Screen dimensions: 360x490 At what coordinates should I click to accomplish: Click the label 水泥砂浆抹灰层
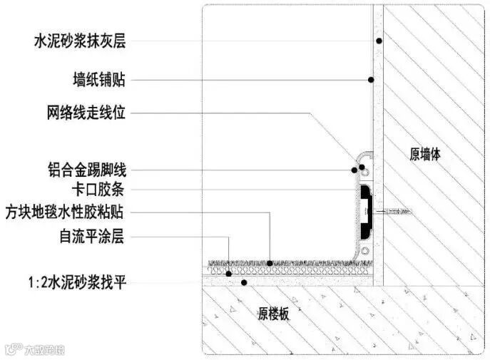(x=79, y=41)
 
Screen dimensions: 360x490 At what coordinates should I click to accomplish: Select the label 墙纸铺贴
(x=99, y=78)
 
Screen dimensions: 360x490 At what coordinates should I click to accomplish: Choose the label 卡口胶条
(x=99, y=190)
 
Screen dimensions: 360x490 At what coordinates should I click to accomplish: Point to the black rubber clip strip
(x=365, y=212)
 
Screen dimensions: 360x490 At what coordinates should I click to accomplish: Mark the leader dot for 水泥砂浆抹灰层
(x=378, y=41)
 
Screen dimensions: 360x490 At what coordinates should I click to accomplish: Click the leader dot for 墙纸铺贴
(x=370, y=78)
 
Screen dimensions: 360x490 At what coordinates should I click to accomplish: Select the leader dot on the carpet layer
(x=270, y=264)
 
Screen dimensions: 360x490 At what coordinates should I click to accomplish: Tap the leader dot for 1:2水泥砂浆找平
(x=244, y=282)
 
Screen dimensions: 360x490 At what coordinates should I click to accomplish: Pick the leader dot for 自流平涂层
(x=229, y=273)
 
